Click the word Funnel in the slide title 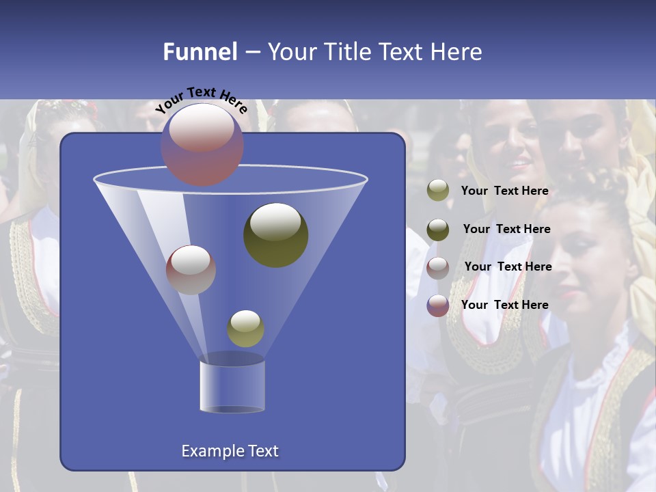200,52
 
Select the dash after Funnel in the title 252,52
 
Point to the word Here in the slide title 456,52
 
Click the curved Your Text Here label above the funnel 201,99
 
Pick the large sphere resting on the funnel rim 202,144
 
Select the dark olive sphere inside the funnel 276,234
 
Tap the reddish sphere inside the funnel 191,269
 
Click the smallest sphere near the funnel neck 245,328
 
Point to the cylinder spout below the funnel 232,386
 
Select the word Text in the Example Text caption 263,451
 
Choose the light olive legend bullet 438,191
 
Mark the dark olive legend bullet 438,230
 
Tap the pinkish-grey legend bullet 438,267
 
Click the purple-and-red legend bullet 438,305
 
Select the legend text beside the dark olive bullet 506,229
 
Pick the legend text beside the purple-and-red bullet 505,305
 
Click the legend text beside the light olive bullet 505,191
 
